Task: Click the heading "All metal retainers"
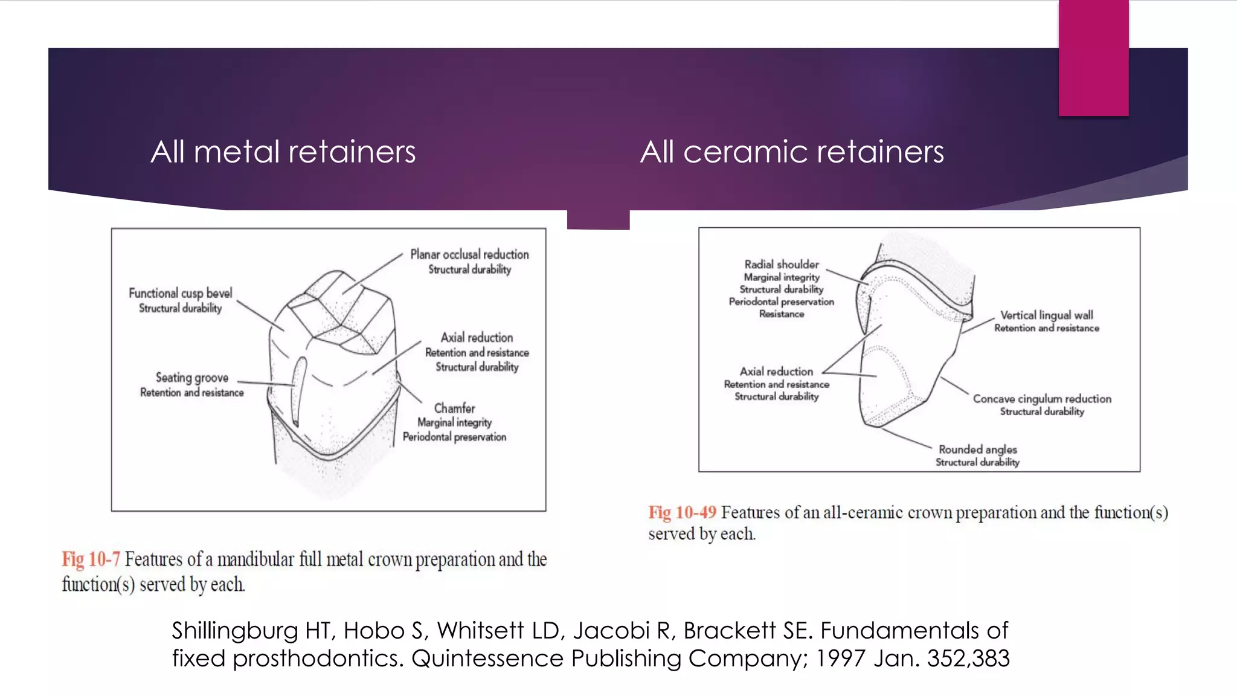[283, 152]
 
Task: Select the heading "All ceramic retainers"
[791, 152]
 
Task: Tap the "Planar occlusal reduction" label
[469, 254]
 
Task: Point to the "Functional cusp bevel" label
[180, 293]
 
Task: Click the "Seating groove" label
[192, 378]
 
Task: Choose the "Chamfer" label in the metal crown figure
[454, 408]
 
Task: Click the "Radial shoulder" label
[782, 264]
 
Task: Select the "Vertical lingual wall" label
[1046, 315]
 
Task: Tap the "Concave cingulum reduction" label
[1042, 399]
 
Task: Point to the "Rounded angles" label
[977, 449]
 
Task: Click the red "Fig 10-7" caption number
[91, 559]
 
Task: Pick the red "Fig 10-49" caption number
[682, 512]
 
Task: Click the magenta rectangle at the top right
[1093, 57]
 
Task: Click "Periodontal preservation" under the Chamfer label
[454, 437]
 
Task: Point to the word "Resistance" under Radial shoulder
[782, 314]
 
